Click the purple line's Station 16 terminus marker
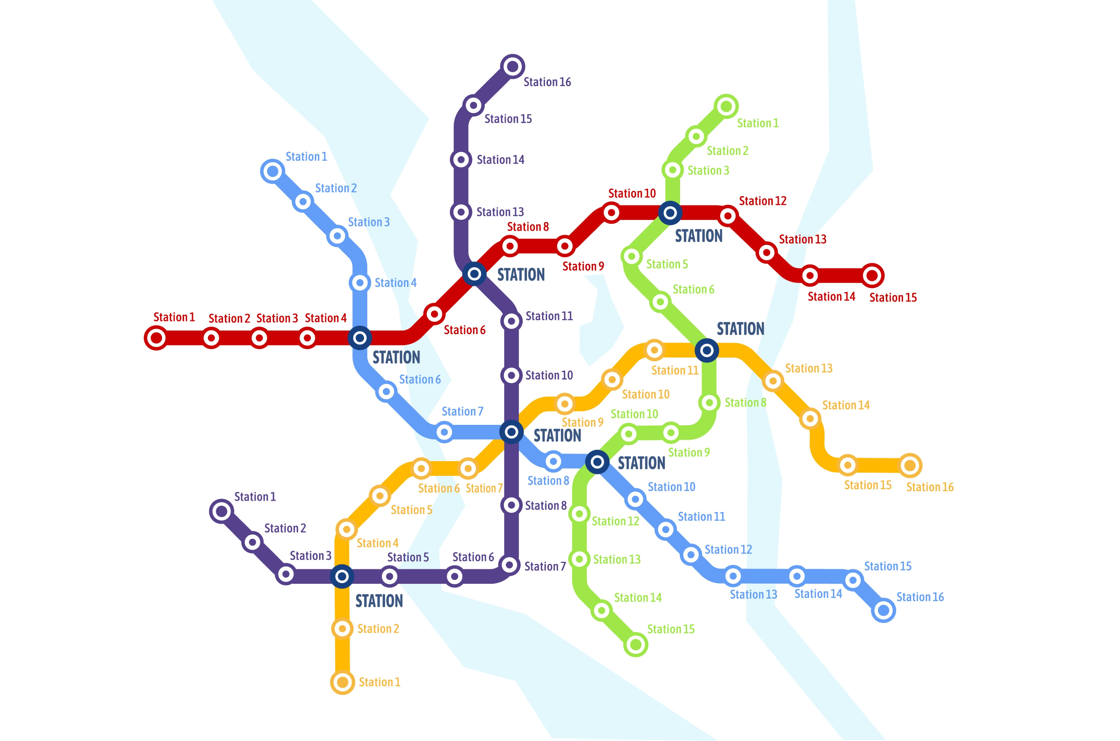513,66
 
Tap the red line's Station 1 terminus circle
156,338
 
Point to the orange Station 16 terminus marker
910,466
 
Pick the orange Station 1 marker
342,682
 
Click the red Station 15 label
893,298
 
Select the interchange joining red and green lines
670,213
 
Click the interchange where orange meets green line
707,350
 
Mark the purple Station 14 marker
461,160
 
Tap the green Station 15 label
670,629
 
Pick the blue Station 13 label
753,595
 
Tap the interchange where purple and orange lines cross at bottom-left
342,576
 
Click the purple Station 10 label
549,375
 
